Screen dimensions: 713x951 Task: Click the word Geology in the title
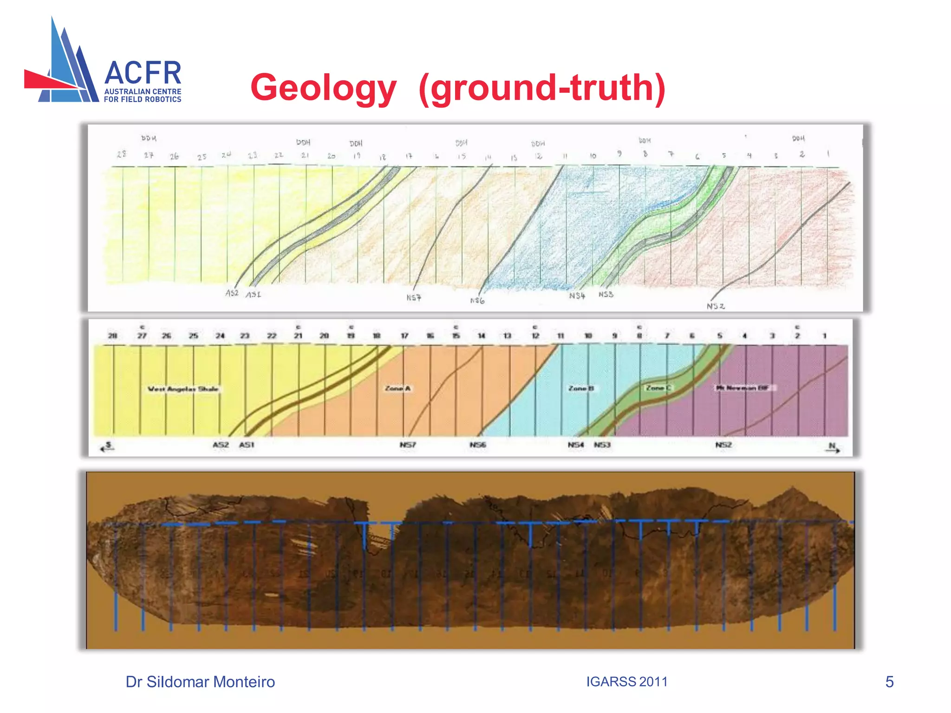coord(323,88)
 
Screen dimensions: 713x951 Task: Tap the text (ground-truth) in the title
coord(541,88)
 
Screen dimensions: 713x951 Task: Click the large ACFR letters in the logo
coord(143,73)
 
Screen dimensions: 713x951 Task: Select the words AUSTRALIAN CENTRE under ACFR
coord(143,92)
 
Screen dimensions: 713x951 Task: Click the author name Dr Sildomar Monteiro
coord(200,681)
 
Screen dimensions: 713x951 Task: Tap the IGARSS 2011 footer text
coord(626,681)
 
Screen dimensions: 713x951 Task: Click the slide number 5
coord(889,681)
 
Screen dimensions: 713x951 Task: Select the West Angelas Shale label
coord(183,389)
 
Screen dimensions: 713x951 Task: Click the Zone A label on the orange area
coord(397,388)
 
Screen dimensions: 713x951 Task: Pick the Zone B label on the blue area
coord(581,388)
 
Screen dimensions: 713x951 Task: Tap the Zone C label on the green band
coord(658,387)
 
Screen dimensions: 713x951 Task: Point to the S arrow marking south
coord(107,447)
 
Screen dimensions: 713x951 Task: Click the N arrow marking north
coord(834,447)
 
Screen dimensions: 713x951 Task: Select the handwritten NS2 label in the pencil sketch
coord(716,306)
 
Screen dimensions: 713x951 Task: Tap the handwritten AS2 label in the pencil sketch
coord(232,293)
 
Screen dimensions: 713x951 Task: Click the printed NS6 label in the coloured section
coord(477,445)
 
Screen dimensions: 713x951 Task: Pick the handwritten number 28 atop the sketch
coord(122,154)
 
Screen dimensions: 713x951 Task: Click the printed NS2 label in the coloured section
coord(723,445)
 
